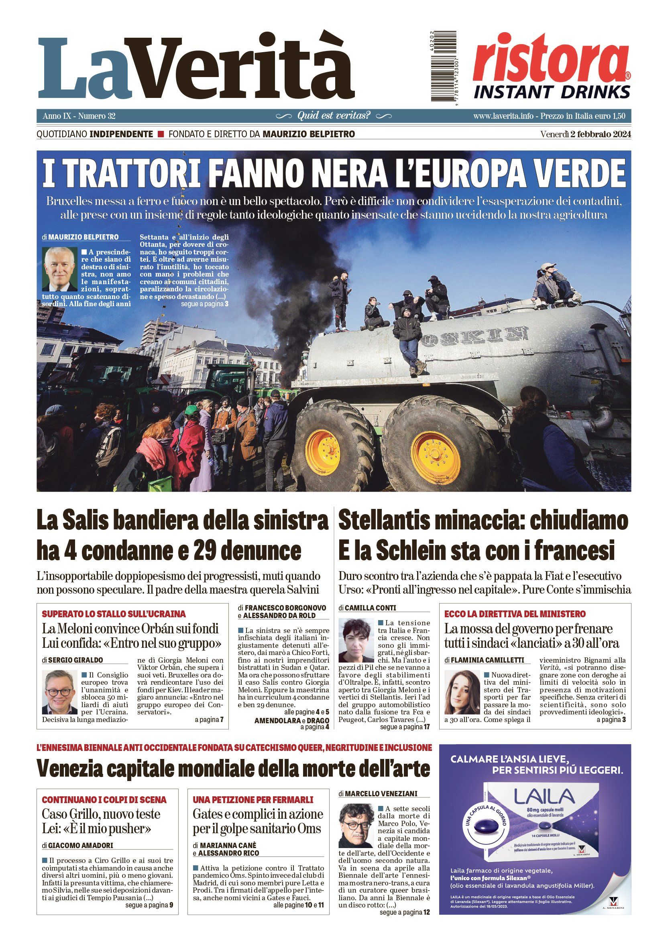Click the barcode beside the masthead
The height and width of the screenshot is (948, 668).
(442, 67)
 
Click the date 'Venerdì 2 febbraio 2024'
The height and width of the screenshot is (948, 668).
(585, 134)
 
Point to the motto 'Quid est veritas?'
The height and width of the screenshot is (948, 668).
(334, 116)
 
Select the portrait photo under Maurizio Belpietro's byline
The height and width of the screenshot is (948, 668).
(59, 269)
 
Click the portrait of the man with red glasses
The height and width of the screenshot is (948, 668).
(59, 692)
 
